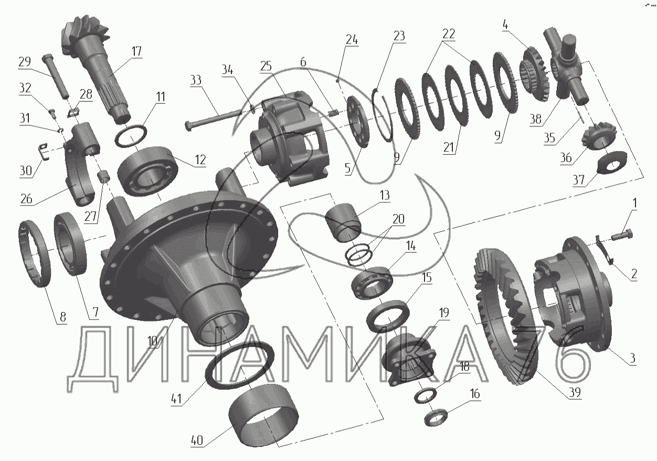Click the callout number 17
click(x=136, y=51)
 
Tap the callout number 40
click(x=197, y=440)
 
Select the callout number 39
click(x=575, y=392)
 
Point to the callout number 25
click(x=266, y=66)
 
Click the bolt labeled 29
click(x=56, y=76)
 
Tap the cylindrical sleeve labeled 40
click(x=263, y=420)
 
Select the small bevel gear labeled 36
click(x=599, y=138)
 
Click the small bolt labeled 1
click(x=621, y=235)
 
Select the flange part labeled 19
click(x=409, y=359)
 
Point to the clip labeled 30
click(x=44, y=152)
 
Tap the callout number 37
click(x=578, y=180)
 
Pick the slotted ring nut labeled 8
click(x=35, y=253)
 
